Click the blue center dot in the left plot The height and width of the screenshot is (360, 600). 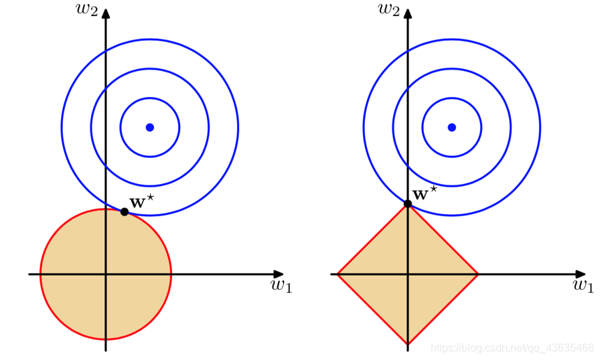(x=150, y=127)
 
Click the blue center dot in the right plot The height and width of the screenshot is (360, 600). (x=452, y=127)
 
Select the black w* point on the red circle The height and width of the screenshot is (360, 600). (x=125, y=211)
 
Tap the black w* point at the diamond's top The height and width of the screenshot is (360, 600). (x=408, y=203)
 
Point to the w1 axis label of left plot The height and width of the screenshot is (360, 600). (x=281, y=286)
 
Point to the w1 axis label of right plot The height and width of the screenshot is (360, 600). (x=583, y=286)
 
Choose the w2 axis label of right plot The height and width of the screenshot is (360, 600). (x=391, y=9)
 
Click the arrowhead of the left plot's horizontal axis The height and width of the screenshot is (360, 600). (x=279, y=274)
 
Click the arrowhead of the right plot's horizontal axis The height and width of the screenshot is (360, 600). (x=581, y=274)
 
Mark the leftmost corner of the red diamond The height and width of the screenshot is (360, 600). (x=337, y=274)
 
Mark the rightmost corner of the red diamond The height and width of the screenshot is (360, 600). (x=478, y=274)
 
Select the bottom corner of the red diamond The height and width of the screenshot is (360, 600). (x=408, y=344)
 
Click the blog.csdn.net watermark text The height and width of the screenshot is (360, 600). (x=512, y=348)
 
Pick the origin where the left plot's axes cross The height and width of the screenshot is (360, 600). (x=106, y=274)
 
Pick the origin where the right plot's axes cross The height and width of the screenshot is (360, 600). (x=408, y=274)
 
